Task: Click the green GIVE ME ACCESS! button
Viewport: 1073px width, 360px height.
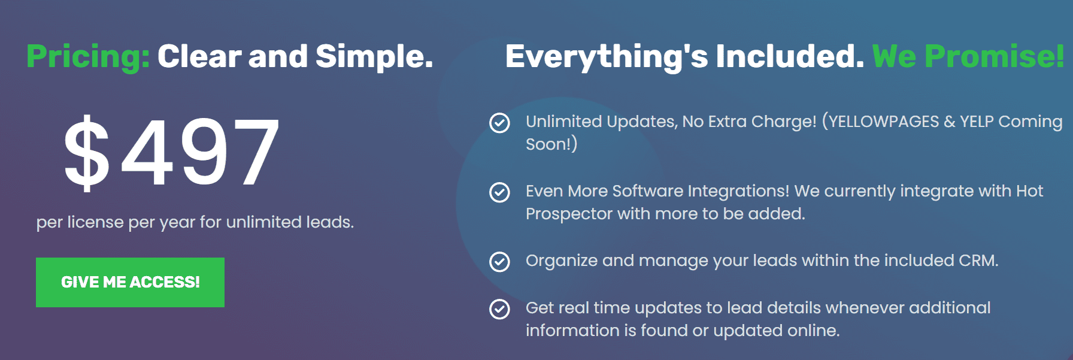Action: click(130, 282)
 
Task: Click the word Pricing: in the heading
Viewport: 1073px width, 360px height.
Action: click(88, 57)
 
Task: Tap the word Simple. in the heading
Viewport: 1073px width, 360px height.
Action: click(374, 57)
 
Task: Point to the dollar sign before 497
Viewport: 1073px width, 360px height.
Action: click(87, 152)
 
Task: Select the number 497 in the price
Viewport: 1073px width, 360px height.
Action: click(201, 152)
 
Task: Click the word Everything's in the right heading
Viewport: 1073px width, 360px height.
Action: click(607, 57)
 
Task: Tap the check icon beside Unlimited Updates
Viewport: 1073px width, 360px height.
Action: click(499, 123)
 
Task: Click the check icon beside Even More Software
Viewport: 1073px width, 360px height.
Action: click(499, 192)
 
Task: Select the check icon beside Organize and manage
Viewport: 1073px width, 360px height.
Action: click(499, 262)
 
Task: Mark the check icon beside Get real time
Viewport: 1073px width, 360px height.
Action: click(499, 309)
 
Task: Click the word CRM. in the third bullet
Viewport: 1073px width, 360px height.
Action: click(978, 261)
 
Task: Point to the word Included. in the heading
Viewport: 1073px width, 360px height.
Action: click(790, 57)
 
